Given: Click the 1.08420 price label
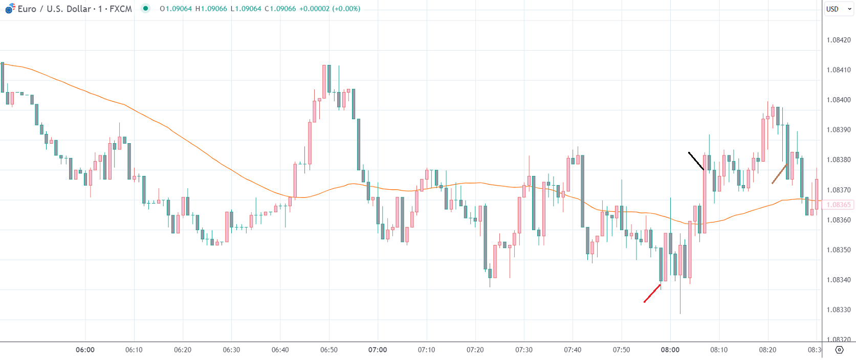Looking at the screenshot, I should (839, 40).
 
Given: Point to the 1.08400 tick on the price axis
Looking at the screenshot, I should (839, 100).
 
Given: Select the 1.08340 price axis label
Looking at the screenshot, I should (839, 280).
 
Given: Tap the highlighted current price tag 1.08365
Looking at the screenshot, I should (839, 205).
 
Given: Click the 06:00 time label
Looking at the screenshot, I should (85, 350).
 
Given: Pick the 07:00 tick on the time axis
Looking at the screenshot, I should (378, 350).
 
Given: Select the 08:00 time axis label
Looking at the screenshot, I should (670, 350).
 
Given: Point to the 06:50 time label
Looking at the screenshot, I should (329, 350).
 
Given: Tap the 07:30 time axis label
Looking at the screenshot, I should (524, 350).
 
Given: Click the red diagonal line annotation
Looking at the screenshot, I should (652, 294).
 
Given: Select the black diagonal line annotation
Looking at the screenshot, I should (696, 161).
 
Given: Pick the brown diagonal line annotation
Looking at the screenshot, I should (779, 174).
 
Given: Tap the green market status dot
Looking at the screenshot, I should (146, 8).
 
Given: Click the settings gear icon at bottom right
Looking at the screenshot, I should (839, 350).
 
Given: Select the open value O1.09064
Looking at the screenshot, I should (175, 9).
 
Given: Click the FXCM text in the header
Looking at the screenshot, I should (121, 9).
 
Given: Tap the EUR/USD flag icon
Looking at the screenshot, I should (10, 8).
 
